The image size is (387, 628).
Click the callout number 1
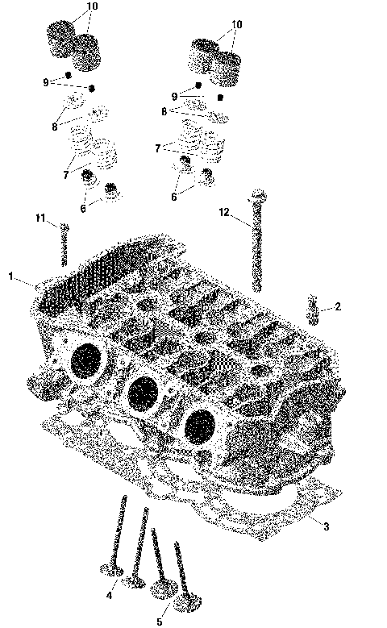11,277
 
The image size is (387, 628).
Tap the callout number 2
338,307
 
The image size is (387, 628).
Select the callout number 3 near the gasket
326,527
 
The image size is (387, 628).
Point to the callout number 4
109,596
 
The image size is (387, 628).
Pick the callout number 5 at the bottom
159,622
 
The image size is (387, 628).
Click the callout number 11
40,218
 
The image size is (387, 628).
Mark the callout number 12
225,212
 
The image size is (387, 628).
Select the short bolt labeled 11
64,243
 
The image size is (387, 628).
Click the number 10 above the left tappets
92,6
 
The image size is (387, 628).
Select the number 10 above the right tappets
236,24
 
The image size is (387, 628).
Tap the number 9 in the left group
46,81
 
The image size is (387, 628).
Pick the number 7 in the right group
159,149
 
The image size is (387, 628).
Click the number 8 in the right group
164,112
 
